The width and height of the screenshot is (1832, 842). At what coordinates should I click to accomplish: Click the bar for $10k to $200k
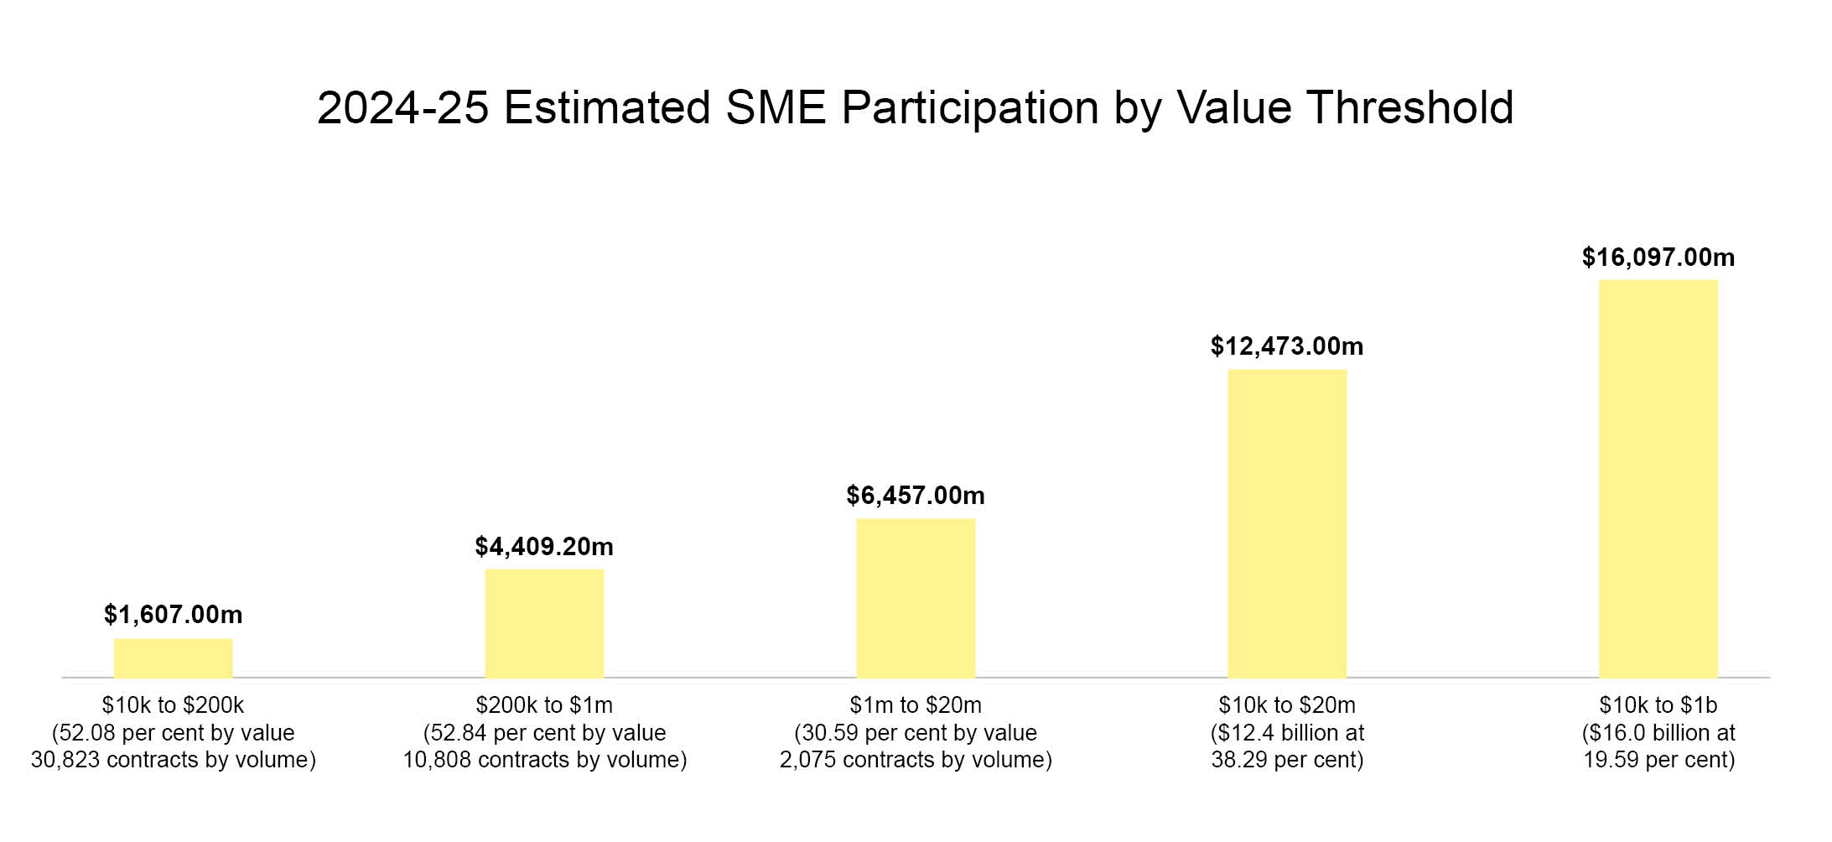coord(173,658)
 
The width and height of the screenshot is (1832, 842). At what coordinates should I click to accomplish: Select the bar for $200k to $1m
coord(544,623)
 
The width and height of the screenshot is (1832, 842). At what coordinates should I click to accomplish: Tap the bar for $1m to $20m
coord(916,598)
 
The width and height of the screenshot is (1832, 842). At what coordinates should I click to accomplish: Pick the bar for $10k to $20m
coord(1287,523)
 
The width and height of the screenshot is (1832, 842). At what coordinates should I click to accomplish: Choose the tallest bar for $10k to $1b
coord(1658,479)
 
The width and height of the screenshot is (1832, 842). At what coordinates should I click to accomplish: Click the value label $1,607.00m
coord(173,615)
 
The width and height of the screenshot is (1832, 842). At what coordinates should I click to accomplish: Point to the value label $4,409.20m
coord(544,547)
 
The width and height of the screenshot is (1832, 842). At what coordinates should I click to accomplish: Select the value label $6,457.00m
coord(916,496)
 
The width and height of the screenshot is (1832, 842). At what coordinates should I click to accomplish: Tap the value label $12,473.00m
coord(1287,346)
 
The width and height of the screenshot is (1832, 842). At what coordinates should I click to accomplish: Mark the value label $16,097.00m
coord(1658,257)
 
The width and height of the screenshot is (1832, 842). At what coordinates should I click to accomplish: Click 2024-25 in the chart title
coord(402,108)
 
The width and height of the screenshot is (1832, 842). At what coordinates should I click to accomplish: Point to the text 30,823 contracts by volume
coord(173,760)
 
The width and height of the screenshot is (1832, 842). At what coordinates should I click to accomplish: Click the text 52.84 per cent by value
coord(544,733)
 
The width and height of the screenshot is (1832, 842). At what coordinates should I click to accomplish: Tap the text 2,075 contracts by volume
coord(916,760)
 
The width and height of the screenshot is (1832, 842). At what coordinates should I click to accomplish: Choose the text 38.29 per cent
coord(1287,760)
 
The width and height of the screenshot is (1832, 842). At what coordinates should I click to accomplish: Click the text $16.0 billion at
coord(1658,733)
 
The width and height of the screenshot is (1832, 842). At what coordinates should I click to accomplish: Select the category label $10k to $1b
coord(1658,705)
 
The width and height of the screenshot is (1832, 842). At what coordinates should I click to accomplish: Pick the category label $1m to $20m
coord(916,705)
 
